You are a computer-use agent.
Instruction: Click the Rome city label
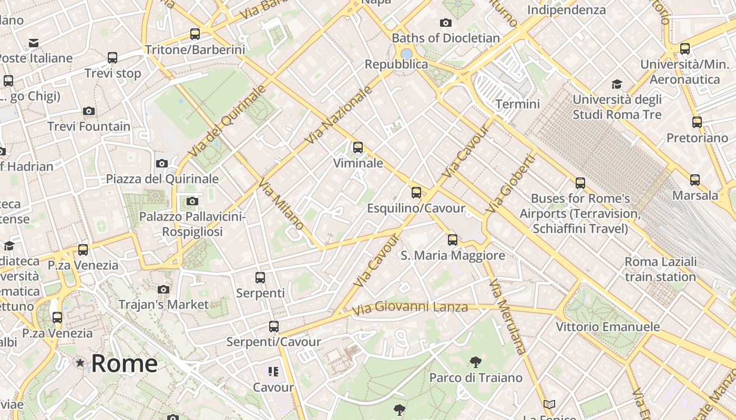point(124,363)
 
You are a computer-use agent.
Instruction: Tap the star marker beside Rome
point(80,363)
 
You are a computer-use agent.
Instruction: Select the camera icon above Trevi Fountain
point(88,111)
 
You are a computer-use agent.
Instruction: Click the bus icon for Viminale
point(358,148)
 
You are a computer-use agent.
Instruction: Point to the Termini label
point(517,104)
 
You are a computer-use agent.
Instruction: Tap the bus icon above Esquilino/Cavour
point(416,193)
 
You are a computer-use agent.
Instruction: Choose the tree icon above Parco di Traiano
point(475,362)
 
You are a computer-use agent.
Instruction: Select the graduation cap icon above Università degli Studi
point(617,84)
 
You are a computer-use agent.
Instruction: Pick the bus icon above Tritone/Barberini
point(195,34)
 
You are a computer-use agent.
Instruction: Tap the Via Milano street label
point(281,204)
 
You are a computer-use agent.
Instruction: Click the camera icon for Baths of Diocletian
point(445,23)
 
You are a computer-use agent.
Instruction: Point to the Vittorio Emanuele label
point(608,327)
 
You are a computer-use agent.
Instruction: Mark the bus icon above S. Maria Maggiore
point(453,240)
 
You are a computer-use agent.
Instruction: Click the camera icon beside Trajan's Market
point(163,289)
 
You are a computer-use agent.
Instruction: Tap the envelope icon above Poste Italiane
point(34,43)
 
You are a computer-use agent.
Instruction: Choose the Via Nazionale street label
point(339,114)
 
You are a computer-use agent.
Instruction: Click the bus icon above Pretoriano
point(697,122)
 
